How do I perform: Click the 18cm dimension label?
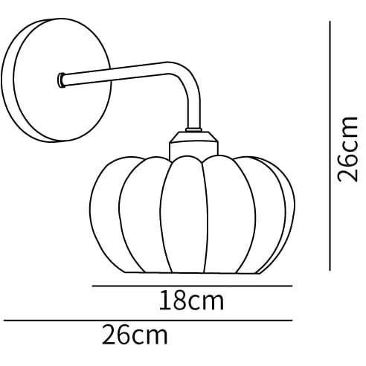click(191, 302)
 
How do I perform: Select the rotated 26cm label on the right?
click(347, 148)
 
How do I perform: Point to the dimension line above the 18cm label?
click(191, 285)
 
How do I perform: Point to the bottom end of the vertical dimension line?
click(330, 269)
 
